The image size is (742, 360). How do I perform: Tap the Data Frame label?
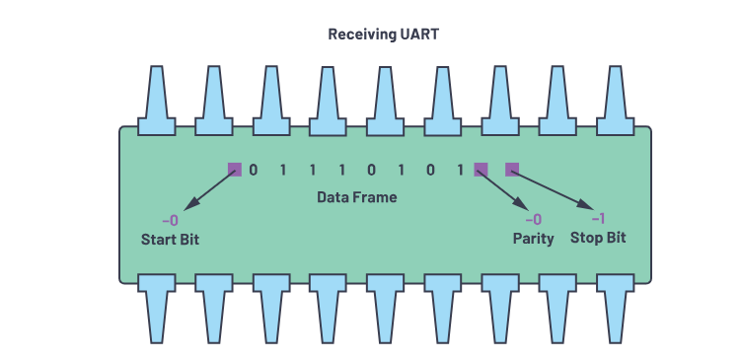click(356, 197)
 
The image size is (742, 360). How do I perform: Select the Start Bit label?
click(170, 240)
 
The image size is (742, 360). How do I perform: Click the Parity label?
click(533, 239)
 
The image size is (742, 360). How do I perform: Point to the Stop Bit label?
click(598, 239)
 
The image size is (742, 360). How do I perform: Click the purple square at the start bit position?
click(235, 170)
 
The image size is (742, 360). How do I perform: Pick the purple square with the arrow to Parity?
click(482, 170)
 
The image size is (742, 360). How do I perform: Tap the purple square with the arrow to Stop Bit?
click(512, 170)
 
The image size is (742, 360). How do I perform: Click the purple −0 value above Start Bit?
click(170, 221)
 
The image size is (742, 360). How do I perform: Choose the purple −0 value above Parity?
click(533, 220)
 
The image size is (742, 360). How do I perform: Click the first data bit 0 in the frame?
click(254, 170)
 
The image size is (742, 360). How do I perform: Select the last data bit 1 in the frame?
click(460, 170)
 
